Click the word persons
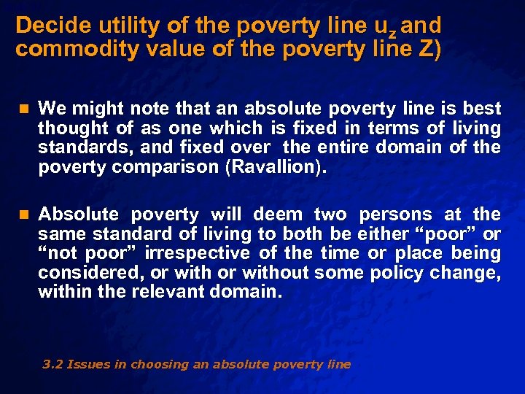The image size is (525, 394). coord(393,215)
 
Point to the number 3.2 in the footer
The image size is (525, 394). coord(52,365)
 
